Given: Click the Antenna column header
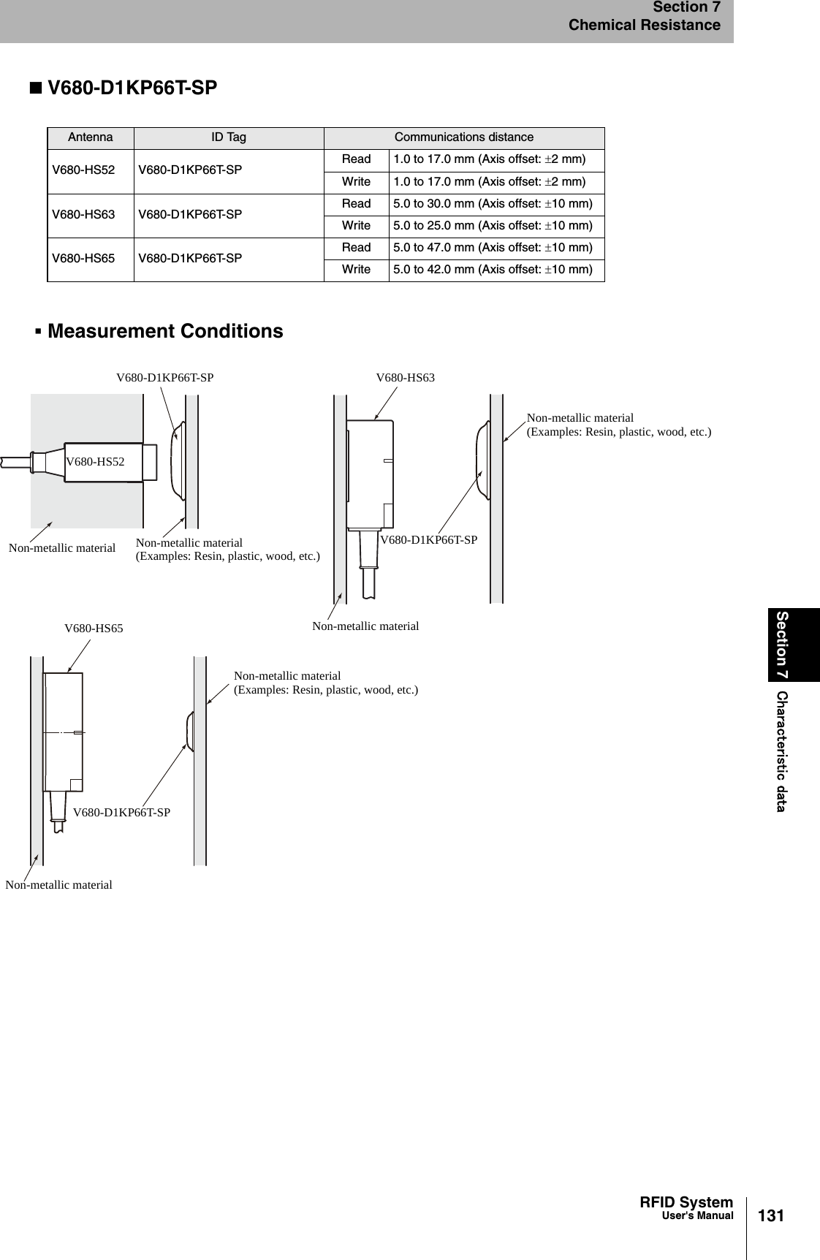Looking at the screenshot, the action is coord(91,137).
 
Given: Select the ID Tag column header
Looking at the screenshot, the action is coord(229,137).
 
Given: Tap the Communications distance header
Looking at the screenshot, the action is coord(464,137).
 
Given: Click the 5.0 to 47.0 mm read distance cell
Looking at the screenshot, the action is coord(493,248).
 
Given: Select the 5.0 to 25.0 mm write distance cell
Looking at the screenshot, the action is coord(493,226).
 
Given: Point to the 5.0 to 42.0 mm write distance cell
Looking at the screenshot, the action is coord(493,270).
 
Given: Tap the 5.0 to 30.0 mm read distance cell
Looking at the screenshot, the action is coord(493,203).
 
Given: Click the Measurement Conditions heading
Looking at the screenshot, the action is coord(165,331).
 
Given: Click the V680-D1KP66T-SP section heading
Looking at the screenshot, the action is coord(132,88).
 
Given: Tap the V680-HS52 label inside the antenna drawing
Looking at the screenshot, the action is coord(95,462).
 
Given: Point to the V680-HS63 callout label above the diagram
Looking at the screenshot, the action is coord(405,378).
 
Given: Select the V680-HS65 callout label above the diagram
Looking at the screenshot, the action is coord(94,628).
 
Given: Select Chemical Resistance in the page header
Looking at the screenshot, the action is coord(645,26).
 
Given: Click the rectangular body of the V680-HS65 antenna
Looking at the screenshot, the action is coord(64,732).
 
